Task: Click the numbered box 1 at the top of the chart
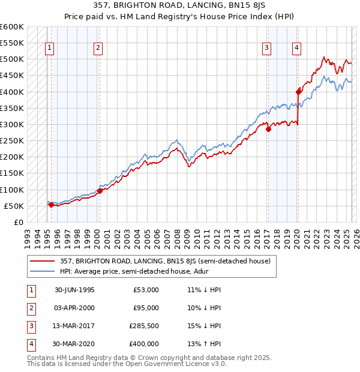49,49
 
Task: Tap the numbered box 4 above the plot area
296,49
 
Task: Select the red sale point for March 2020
298,92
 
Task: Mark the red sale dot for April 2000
100,191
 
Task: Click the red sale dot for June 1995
51,205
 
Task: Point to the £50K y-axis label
14,206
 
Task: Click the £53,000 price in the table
146,290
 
